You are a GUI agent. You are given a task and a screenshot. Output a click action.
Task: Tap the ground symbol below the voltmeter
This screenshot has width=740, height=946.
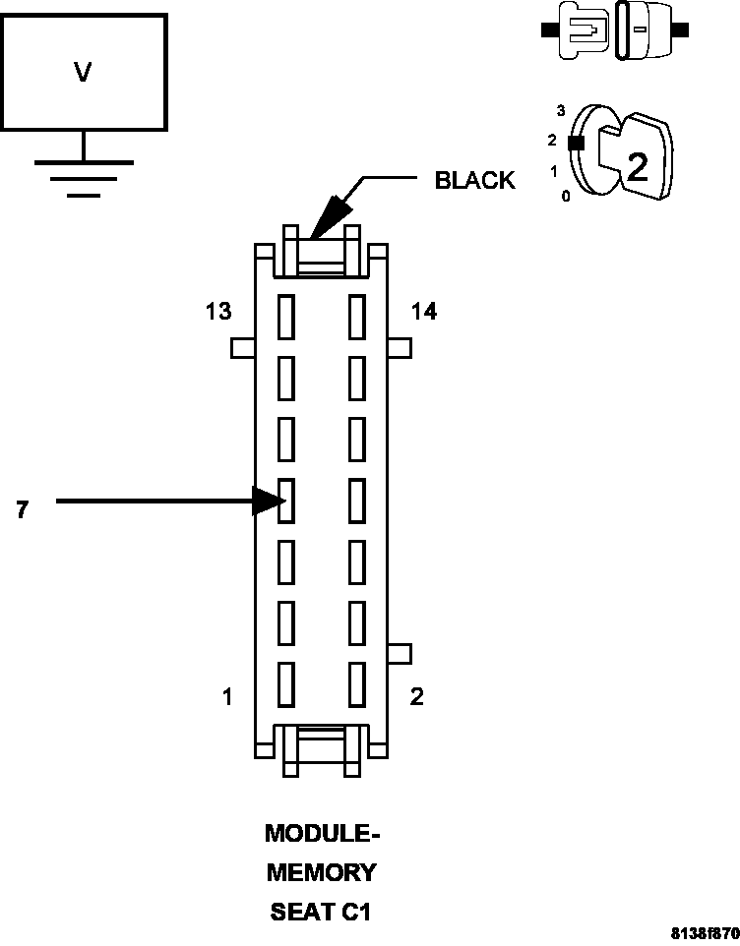coord(84,177)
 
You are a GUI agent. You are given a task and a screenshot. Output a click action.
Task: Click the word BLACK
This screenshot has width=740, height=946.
coord(474,180)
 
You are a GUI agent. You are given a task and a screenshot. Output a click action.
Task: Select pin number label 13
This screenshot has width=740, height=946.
coord(218,312)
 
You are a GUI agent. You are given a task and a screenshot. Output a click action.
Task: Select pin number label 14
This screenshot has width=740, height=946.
coord(424,312)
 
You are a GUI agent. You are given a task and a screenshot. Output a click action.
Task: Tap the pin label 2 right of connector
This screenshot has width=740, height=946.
coord(416,696)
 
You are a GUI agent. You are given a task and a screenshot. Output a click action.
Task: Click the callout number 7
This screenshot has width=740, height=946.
coord(22,509)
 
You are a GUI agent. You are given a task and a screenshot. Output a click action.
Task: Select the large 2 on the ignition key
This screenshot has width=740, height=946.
coord(638,168)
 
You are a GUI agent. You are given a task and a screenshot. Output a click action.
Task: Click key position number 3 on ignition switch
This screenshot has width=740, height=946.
coord(560,110)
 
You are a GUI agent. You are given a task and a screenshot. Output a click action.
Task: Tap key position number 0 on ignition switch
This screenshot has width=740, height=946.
coord(564,196)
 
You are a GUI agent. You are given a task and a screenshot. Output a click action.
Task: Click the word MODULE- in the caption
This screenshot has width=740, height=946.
coord(322,834)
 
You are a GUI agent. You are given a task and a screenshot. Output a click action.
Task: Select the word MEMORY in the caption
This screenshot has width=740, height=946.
coord(322,872)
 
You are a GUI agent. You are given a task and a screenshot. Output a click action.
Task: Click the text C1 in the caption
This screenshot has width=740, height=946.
coord(355,912)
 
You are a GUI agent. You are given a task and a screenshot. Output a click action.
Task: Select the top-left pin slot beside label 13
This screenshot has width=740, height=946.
coord(286,317)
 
